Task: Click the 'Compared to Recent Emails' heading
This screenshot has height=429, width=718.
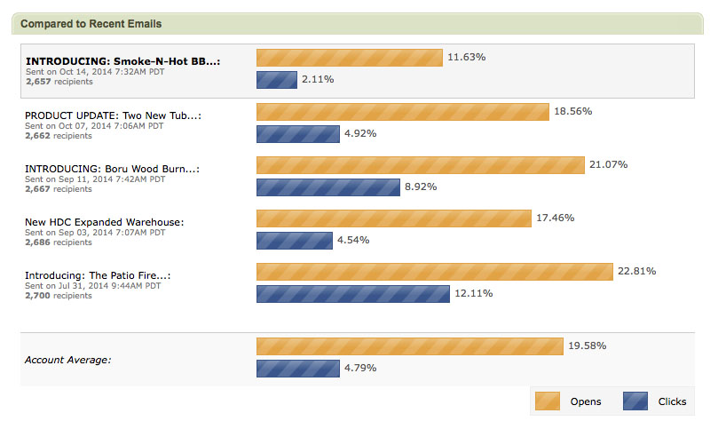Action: (91, 24)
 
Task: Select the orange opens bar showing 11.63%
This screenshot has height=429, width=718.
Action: (349, 58)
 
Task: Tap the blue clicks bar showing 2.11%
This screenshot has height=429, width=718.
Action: (276, 80)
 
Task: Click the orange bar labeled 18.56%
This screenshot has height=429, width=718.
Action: (402, 112)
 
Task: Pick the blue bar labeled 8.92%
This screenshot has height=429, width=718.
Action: (327, 187)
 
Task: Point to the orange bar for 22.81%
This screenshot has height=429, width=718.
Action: (434, 272)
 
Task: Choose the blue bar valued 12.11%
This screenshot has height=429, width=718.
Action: (352, 294)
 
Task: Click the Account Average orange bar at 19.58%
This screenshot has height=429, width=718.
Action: (409, 346)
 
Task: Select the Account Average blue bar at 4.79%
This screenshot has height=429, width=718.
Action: (297, 368)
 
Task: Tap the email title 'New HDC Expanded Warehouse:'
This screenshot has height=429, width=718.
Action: (104, 222)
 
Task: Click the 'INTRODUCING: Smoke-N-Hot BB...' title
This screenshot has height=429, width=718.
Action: (122, 61)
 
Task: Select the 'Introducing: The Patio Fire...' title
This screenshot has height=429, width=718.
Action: (98, 275)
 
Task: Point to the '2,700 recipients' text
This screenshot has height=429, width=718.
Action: (59, 296)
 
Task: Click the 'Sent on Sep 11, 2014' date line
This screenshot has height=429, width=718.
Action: (94, 179)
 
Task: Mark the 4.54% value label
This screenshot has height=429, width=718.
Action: (352, 240)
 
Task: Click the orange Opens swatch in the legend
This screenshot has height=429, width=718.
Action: (547, 401)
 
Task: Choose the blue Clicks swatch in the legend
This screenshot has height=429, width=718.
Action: (635, 401)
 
